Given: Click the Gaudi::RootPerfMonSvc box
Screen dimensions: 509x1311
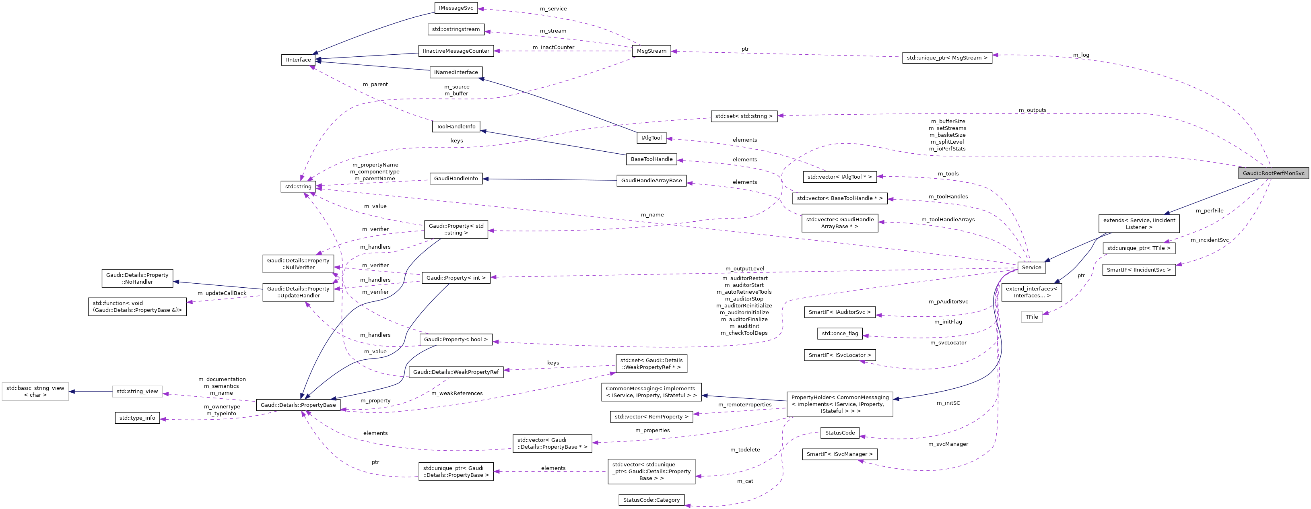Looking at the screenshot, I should (1273, 173).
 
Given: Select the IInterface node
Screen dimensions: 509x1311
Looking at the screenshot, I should (298, 60).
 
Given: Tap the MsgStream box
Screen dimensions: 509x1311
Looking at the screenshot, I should (651, 51).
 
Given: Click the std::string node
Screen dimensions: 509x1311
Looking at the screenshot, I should (298, 187).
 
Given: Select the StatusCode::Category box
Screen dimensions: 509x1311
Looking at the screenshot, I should (651, 500).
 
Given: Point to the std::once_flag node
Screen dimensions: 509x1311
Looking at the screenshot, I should (840, 334).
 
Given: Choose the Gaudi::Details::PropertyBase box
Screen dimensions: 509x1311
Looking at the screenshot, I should (298, 405).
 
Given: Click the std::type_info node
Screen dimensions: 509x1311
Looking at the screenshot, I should (137, 418).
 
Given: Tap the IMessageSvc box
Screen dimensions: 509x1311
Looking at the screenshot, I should (456, 8).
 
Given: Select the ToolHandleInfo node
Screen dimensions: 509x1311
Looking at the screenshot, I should (456, 127).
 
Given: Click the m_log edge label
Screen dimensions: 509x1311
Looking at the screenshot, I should (1081, 55).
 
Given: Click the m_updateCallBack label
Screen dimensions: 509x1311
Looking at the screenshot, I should (222, 293).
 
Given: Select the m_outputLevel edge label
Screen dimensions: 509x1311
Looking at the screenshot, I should (744, 269).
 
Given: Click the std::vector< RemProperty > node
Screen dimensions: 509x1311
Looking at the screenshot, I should (651, 417).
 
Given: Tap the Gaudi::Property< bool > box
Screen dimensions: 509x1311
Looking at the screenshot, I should (456, 340).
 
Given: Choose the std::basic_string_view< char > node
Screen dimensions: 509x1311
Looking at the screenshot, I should (35, 392).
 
